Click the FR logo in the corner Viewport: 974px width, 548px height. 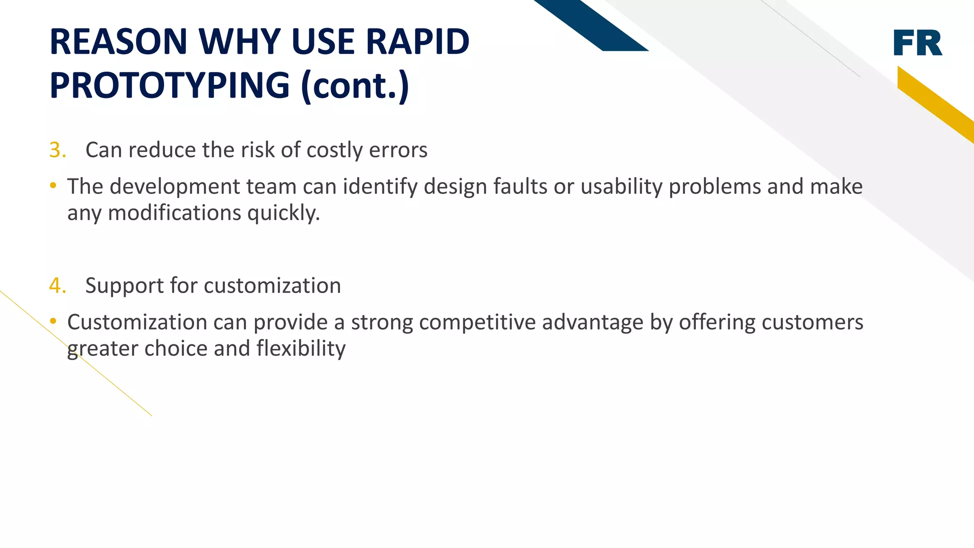pos(917,43)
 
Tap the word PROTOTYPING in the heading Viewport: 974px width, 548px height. pos(170,86)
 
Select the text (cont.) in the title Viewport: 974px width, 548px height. pos(355,86)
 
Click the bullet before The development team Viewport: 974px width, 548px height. pos(53,186)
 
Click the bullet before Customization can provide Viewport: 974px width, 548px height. pos(53,322)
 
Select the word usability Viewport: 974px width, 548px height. pos(622,186)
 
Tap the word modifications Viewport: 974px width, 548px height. pos(175,213)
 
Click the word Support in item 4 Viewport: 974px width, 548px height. pos(125,286)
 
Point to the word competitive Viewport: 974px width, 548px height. pos(477,323)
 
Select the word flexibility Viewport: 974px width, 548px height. pos(301,349)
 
